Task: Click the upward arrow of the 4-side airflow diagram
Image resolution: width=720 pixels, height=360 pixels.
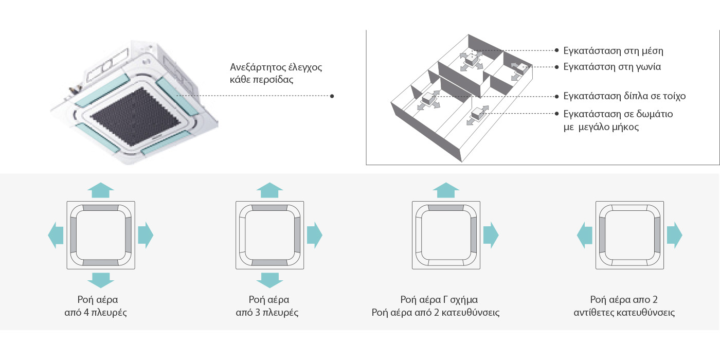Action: (x=101, y=190)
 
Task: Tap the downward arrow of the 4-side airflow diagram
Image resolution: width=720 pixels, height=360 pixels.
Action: (x=101, y=279)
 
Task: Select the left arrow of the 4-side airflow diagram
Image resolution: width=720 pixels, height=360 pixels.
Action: (x=56, y=236)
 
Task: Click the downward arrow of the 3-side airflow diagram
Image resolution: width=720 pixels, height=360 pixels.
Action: (x=269, y=279)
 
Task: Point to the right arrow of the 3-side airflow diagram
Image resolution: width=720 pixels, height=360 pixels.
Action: (x=314, y=236)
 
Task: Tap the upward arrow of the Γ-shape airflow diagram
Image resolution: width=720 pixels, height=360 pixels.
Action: (x=446, y=190)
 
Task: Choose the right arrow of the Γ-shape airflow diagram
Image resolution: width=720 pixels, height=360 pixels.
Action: (x=491, y=236)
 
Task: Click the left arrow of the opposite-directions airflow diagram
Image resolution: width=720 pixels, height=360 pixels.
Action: (x=585, y=236)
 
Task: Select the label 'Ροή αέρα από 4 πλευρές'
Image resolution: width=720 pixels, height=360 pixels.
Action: (x=101, y=306)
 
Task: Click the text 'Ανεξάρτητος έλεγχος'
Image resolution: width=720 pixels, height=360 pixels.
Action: (x=276, y=67)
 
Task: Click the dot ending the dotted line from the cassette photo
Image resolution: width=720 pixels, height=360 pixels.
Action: (x=332, y=96)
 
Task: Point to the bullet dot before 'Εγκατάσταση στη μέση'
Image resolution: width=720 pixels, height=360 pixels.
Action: (x=557, y=51)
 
